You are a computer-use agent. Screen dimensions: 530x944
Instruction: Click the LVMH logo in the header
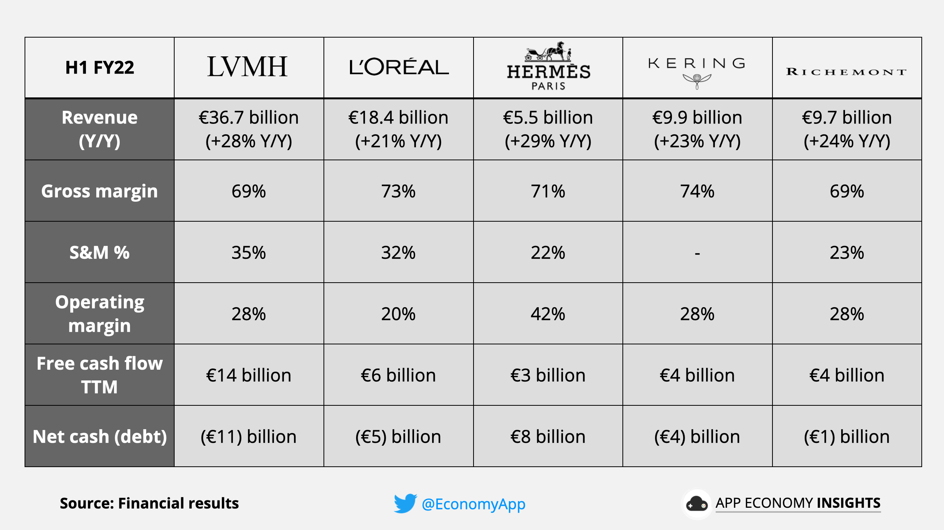(248, 67)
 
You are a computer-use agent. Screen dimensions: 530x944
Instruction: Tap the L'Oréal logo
(399, 67)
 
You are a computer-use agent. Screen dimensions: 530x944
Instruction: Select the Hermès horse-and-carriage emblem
(548, 52)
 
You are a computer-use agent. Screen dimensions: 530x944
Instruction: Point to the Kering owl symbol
(697, 81)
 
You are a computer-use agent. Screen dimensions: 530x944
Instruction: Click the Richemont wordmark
(847, 72)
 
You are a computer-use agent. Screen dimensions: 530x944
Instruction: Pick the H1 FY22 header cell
(100, 67)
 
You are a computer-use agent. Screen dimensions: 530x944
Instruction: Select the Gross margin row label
(99, 191)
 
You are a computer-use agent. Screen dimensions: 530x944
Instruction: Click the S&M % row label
(99, 252)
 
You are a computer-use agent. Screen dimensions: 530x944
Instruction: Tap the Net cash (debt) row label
(99, 436)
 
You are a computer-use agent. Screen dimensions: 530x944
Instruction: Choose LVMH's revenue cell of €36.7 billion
(249, 129)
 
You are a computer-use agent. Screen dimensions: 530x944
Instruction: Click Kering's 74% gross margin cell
(697, 191)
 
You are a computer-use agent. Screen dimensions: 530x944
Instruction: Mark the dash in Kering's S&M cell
(697, 253)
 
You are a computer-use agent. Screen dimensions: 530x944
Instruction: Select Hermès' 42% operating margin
(548, 314)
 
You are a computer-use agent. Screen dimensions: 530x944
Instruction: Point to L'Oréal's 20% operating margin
(398, 314)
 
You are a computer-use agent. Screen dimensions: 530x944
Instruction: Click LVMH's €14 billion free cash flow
(249, 375)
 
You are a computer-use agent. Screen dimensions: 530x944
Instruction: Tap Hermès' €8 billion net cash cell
(548, 436)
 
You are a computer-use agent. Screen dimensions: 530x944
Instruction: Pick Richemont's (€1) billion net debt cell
(847, 436)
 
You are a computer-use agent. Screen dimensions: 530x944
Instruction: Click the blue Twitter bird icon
(405, 503)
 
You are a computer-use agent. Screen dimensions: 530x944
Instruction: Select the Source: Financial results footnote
(149, 503)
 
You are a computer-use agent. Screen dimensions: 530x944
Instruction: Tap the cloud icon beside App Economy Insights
(696, 504)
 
